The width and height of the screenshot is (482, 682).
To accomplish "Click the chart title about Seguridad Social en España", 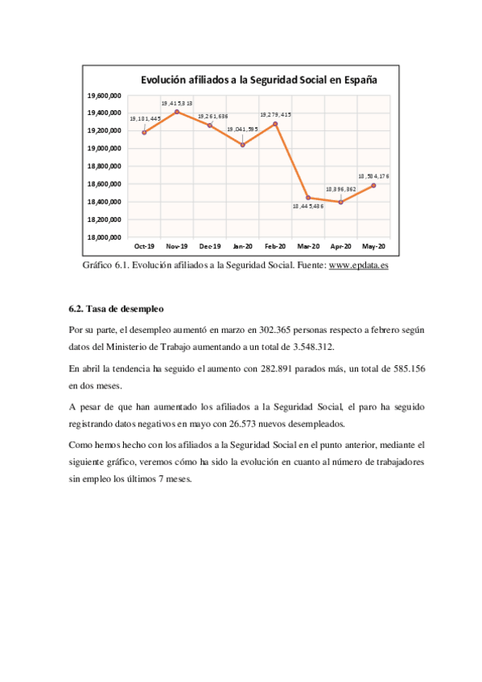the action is pos(259,80).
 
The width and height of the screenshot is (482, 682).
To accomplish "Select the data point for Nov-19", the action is pos(177,112).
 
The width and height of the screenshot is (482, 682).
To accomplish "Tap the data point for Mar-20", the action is pos(308,197).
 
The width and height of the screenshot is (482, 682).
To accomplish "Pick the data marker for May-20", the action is pos(374,185).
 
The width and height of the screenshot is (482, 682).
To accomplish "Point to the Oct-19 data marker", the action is pos(144,132).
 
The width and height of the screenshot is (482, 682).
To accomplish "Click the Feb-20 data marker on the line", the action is pos(275,124).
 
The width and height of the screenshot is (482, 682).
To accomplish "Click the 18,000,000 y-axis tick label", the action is pos(105,237).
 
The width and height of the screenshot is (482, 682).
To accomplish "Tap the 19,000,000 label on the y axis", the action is pos(105,149).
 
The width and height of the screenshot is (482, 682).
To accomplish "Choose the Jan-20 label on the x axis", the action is pos(243,246).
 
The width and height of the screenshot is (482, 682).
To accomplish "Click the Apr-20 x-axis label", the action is pos(341,246).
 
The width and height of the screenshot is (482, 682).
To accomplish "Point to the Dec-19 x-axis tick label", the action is pos(210,246).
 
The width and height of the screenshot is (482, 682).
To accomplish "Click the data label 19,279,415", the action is pos(275,115).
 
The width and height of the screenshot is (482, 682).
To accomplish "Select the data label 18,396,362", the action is pos(341,190).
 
